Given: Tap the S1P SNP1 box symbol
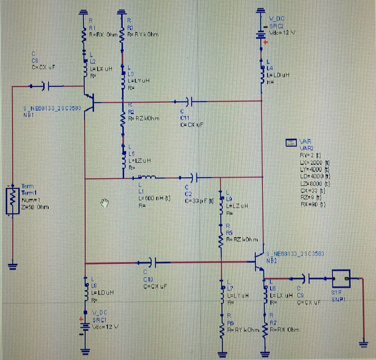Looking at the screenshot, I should [341, 279].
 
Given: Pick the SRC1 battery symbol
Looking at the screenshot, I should [85, 326].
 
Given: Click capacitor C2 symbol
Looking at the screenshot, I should [192, 178].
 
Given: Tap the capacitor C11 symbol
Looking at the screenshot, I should [188, 101].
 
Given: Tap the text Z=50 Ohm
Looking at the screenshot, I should [36, 207].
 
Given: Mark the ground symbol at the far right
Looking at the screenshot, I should [363, 344].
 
